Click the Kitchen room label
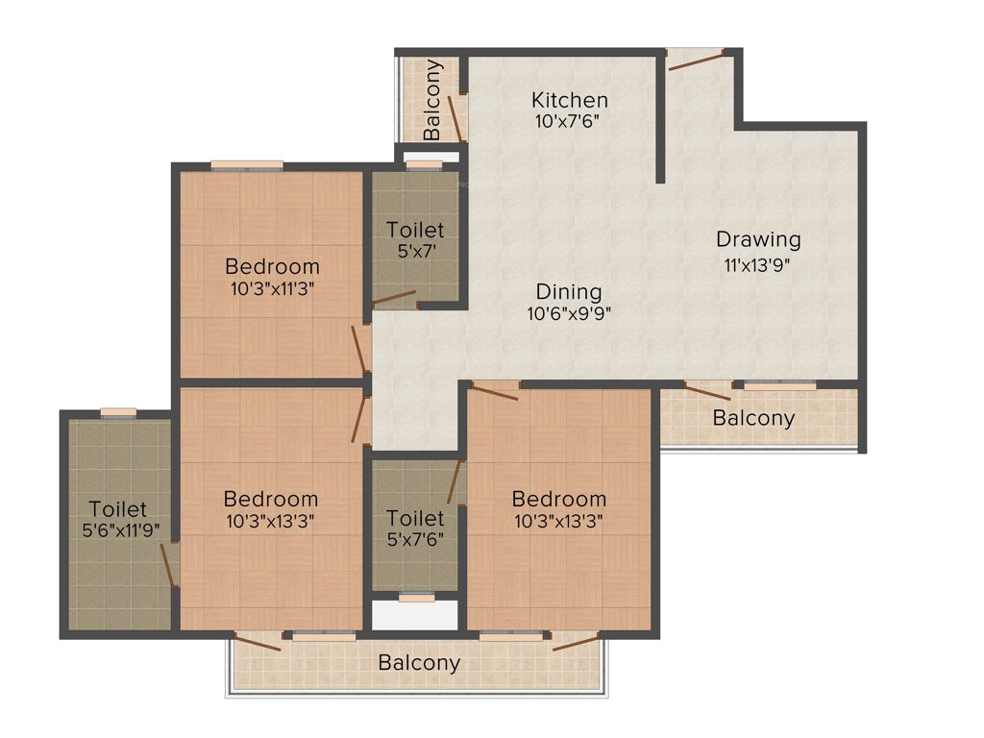(570, 100)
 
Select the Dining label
(569, 291)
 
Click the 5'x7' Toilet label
(415, 230)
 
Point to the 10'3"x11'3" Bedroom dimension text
(272, 287)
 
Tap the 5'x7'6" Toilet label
(415, 519)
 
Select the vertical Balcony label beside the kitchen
(433, 99)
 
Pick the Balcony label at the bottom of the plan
(418, 663)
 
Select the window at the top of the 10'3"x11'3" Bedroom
(247, 165)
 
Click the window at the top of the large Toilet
(119, 412)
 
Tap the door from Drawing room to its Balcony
(708, 391)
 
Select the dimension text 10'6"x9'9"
(569, 313)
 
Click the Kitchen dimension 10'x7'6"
(570, 122)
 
